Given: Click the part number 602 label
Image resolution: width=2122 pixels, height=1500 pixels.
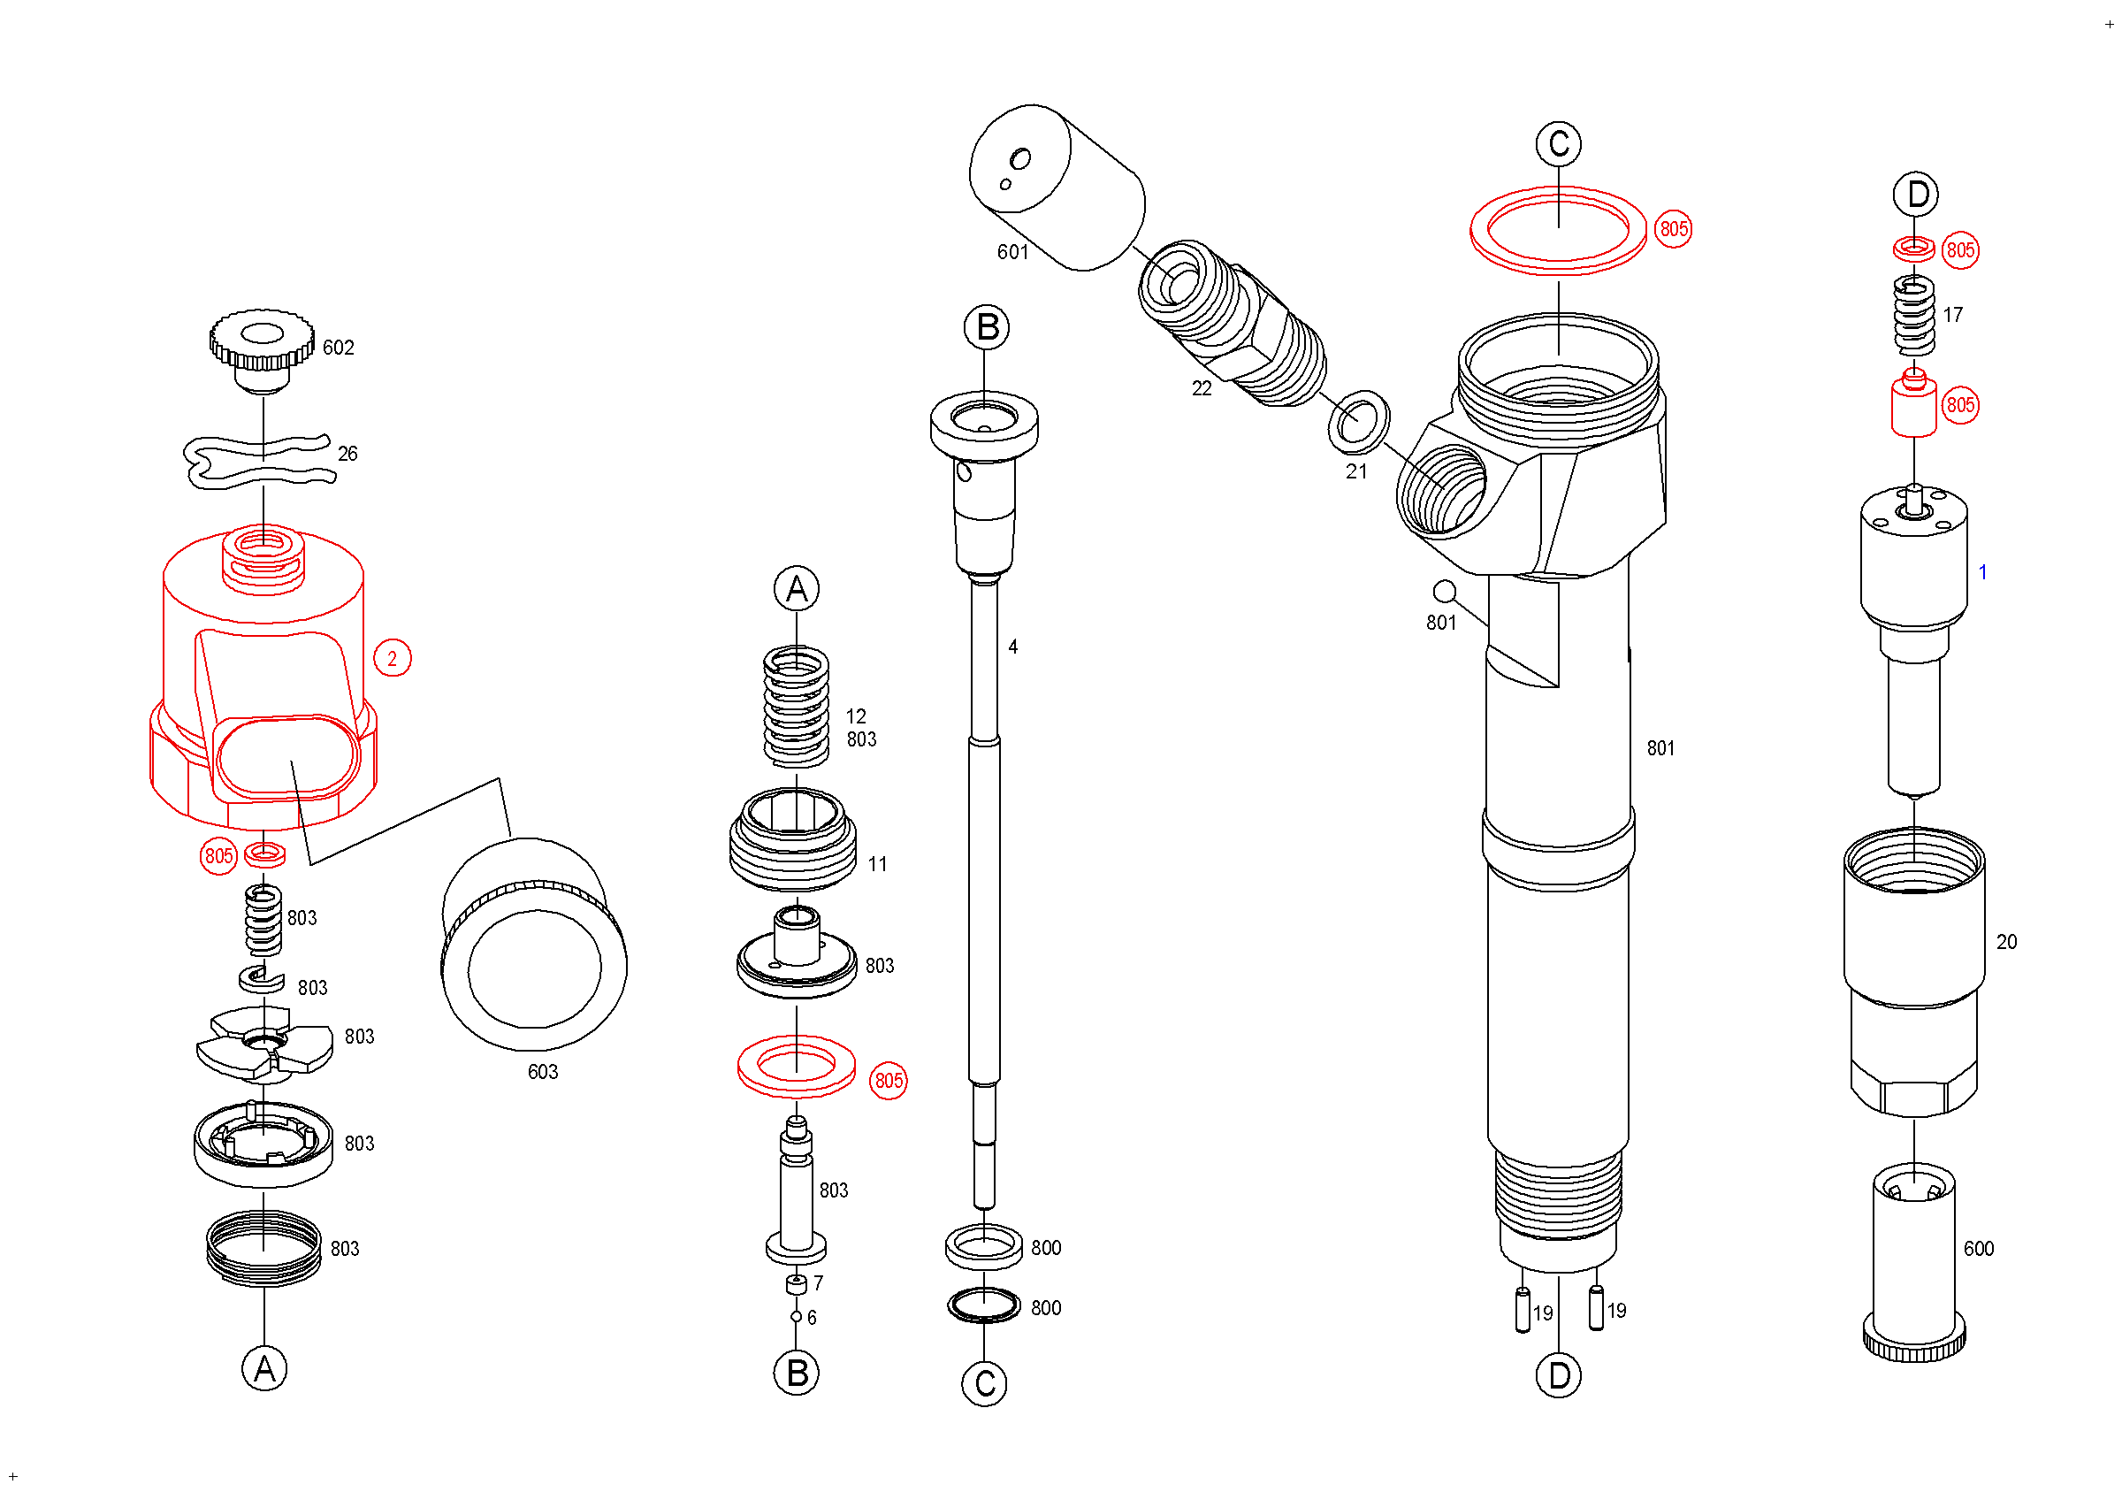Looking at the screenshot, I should (339, 348).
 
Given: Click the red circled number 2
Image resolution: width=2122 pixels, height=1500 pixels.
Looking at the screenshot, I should (392, 659).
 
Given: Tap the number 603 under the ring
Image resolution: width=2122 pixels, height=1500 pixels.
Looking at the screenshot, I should (543, 1072).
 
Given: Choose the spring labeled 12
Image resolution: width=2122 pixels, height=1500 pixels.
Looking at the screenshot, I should (796, 707).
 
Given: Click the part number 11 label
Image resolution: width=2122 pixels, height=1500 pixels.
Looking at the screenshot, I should (877, 865).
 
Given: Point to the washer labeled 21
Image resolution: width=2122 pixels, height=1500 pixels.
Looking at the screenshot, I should (1359, 422).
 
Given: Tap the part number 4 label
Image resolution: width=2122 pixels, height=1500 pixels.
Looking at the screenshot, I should (1013, 647).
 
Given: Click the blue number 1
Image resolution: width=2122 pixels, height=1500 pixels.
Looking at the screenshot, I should (1982, 573).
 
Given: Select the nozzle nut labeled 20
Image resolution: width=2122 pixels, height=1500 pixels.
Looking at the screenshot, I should (1914, 970).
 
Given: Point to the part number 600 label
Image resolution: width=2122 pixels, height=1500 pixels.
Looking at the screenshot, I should (1979, 1250).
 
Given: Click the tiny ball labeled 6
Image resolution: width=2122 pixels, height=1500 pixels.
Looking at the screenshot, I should (796, 1317).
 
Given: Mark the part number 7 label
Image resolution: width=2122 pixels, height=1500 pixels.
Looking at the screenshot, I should (818, 1283).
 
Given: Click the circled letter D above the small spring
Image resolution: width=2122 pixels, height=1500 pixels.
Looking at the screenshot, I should (1916, 195).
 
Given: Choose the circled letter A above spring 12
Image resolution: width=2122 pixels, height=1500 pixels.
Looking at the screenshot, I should (797, 590).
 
